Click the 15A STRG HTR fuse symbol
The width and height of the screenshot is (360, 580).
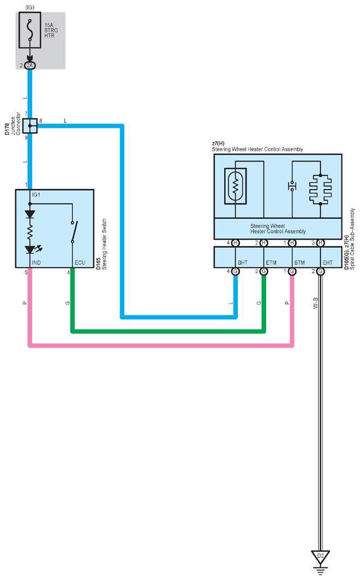30,30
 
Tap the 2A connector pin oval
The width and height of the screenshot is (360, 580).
29,65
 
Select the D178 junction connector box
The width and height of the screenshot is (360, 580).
30,125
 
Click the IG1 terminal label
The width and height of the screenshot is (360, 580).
36,195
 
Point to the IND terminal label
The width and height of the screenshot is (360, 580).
36,262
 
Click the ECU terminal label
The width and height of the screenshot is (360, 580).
80,262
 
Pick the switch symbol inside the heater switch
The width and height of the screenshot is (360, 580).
74,232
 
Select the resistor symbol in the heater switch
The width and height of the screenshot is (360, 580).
30,232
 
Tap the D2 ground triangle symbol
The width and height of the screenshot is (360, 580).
320,557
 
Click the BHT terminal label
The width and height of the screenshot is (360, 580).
243,262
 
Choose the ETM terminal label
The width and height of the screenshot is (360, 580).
271,262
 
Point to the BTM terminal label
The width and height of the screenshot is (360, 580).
299,262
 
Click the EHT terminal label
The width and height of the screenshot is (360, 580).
327,262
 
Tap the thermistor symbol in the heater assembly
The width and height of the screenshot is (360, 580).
236,186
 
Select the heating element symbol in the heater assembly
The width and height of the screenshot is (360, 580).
320,189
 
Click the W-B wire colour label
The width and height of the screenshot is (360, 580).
315,303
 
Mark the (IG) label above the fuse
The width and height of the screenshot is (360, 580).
30,8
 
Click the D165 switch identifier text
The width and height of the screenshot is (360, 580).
98,264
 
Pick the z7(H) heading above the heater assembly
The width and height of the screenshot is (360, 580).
218,143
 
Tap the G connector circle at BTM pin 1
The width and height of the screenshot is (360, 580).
292,272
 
